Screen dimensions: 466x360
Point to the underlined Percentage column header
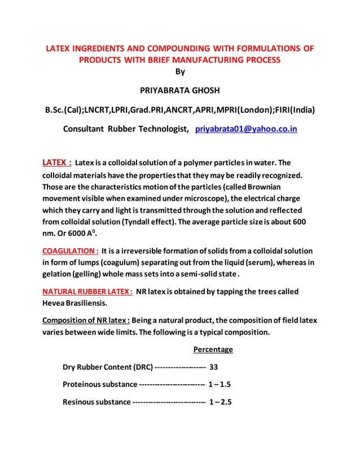click(213, 350)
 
